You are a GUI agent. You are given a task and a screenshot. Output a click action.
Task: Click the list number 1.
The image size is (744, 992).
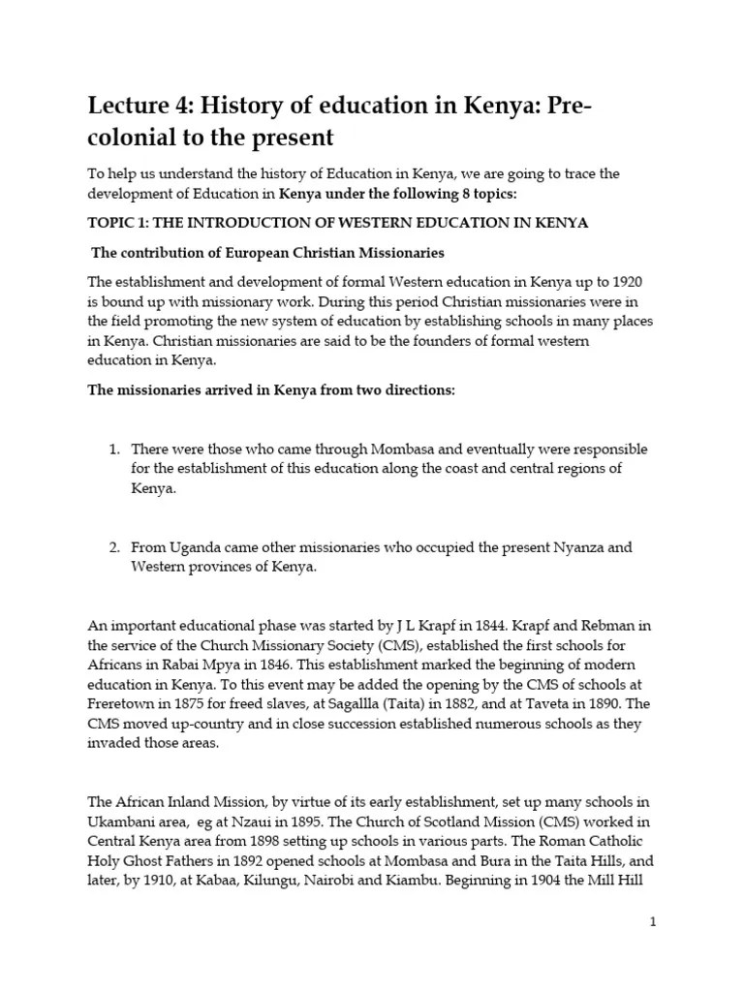point(113,449)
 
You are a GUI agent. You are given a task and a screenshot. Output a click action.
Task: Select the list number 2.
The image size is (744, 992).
point(113,547)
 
